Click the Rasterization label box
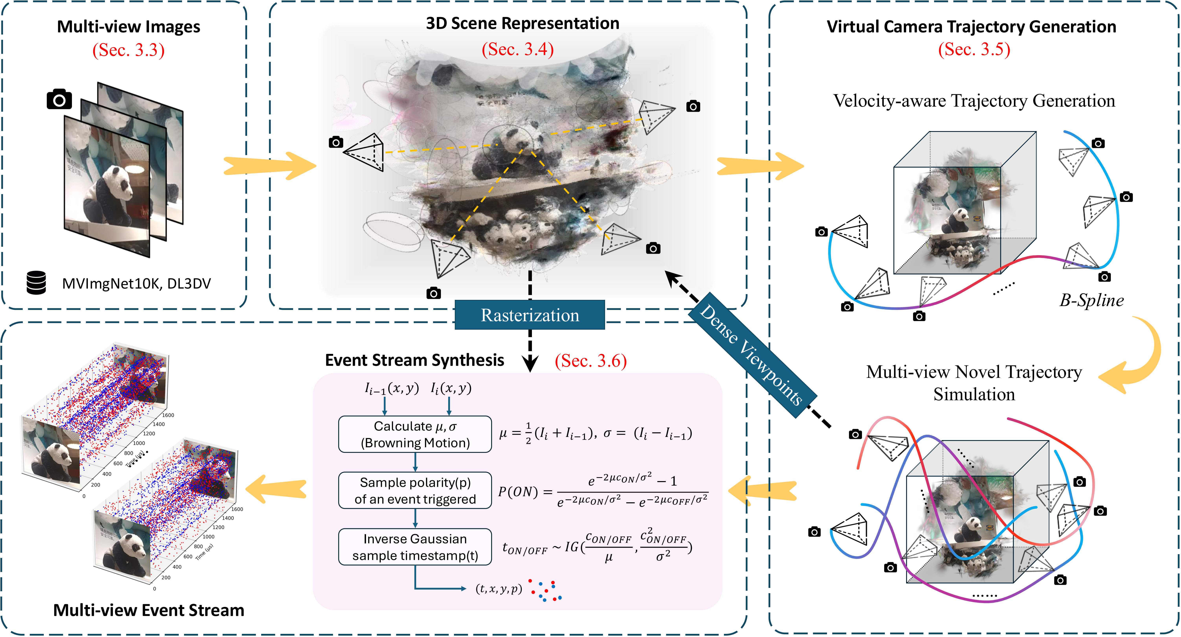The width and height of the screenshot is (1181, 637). coord(530,315)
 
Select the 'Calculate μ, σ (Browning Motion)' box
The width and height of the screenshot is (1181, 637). coord(415,434)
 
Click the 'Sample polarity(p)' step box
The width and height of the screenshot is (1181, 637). coord(415,490)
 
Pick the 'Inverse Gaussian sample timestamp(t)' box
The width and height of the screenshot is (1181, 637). coord(415,547)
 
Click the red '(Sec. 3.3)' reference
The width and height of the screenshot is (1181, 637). coord(128,50)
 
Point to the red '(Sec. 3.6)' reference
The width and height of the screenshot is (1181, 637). coord(590,361)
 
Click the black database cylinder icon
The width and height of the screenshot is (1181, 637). coord(36,283)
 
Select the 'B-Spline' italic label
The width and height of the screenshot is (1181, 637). coord(1091,300)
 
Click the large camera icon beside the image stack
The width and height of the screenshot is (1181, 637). coord(59,99)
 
